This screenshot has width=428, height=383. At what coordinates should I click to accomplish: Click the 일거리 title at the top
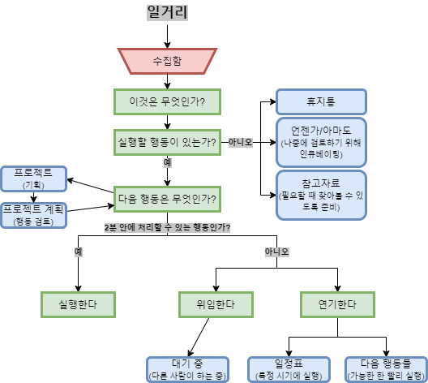pyautogui.click(x=167, y=12)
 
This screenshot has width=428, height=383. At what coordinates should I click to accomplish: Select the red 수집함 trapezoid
pyautogui.click(x=167, y=61)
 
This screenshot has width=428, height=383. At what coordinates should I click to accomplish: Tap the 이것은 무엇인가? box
pyautogui.click(x=167, y=101)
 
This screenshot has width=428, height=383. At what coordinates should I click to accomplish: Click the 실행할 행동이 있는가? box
pyautogui.click(x=167, y=142)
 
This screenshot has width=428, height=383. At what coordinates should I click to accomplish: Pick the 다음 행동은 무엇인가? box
pyautogui.click(x=167, y=199)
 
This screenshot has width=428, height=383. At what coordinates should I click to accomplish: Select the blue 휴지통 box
pyautogui.click(x=321, y=101)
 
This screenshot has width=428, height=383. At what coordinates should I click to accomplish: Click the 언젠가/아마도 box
pyautogui.click(x=321, y=142)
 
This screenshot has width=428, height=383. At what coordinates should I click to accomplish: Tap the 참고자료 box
pyautogui.click(x=321, y=195)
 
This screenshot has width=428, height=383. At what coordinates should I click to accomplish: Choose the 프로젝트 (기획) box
pyautogui.click(x=33, y=179)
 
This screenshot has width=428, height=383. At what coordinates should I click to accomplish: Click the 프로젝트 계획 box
pyautogui.click(x=33, y=215)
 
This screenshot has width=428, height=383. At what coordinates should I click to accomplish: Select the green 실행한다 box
pyautogui.click(x=78, y=304)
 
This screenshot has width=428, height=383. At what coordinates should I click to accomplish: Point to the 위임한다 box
pyautogui.click(x=216, y=304)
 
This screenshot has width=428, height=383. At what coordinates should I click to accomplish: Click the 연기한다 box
pyautogui.click(x=337, y=304)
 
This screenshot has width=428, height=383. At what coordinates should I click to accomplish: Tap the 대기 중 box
pyautogui.click(x=187, y=370)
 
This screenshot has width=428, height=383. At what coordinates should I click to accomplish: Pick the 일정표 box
pyautogui.click(x=289, y=370)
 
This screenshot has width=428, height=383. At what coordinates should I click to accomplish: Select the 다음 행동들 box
pyautogui.click(x=386, y=370)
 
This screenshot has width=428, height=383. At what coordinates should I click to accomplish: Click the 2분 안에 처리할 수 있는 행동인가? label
pyautogui.click(x=167, y=227)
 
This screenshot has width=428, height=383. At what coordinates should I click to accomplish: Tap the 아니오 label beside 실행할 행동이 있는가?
pyautogui.click(x=241, y=142)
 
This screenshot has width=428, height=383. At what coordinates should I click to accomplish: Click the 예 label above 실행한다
pyautogui.click(x=79, y=252)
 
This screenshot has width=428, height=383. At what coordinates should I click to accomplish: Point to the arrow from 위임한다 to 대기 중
pyautogui.click(x=199, y=337)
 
